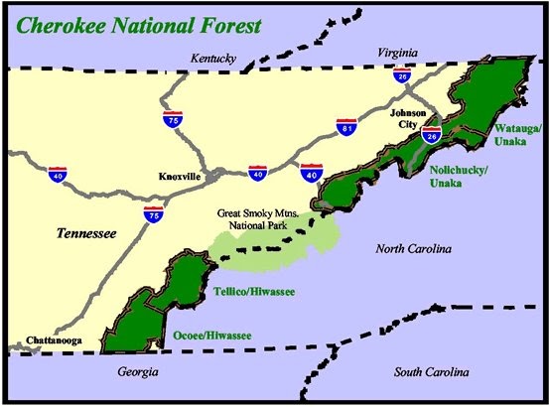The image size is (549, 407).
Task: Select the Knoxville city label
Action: pyautogui.click(x=180, y=176)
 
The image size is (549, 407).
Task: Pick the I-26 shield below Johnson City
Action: pyautogui.click(x=431, y=134)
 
